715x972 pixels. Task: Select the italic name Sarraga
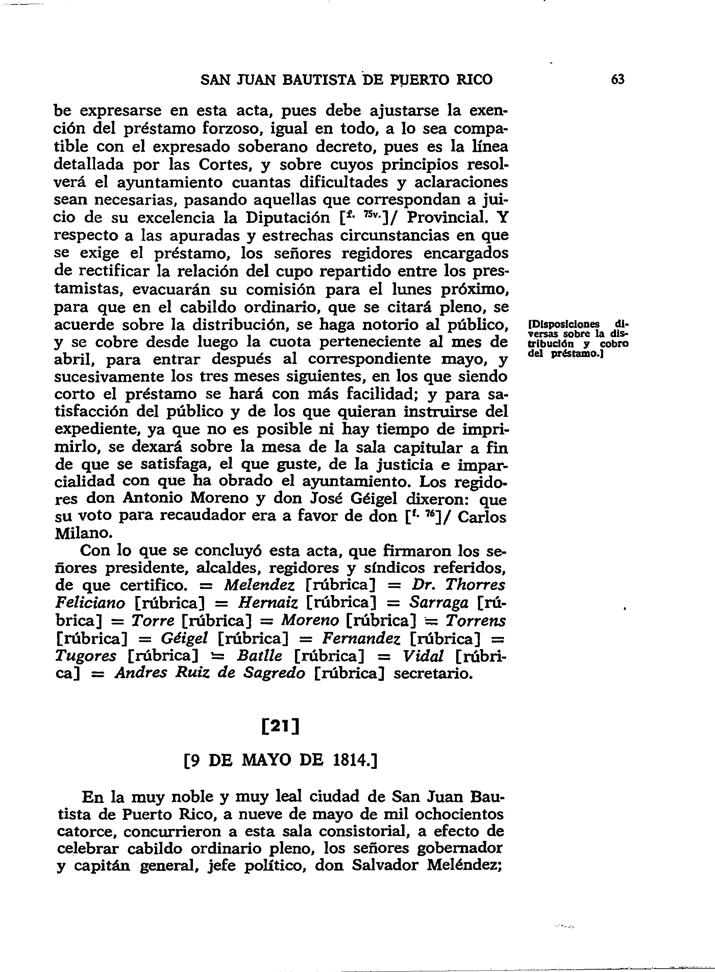tap(439, 603)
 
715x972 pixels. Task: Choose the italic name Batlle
tap(259, 656)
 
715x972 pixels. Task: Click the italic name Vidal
tap(423, 656)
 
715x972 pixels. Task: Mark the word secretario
tap(433, 674)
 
